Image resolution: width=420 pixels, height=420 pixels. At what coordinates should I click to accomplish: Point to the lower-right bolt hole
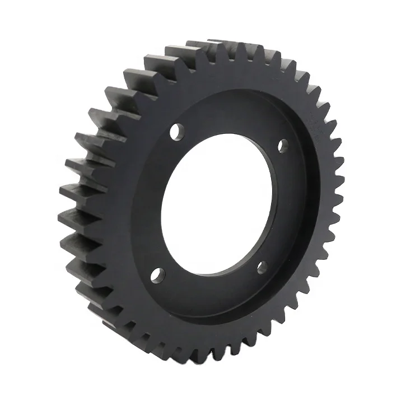(262, 268)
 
